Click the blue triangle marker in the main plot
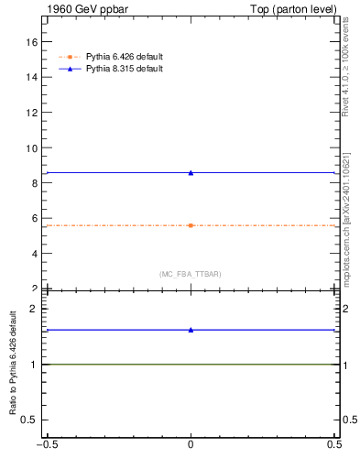191,172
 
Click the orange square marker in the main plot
191,225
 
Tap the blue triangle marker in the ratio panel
191,330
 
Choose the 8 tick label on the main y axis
35,183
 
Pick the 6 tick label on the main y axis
35,219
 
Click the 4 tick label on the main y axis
35,254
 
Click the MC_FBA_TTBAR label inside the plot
191,275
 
